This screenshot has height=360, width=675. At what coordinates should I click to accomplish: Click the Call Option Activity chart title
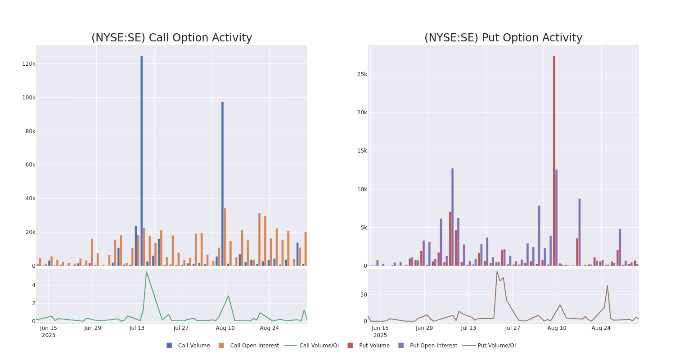point(171,38)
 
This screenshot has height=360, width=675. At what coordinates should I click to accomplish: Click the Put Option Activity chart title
point(503,38)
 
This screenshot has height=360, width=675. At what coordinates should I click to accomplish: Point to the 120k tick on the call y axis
point(29,64)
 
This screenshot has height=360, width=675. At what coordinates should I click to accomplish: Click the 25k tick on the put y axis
point(362,74)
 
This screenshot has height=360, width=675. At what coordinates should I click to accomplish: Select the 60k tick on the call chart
point(29,165)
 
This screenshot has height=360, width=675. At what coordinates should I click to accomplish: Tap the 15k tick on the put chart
point(362,151)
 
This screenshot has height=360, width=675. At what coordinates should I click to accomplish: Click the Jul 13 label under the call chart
point(137,328)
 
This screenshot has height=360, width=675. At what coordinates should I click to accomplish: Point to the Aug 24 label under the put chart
point(601,328)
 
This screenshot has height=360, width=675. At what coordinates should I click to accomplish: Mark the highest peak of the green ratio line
point(146,271)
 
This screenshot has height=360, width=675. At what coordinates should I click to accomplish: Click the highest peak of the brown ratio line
point(497,272)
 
